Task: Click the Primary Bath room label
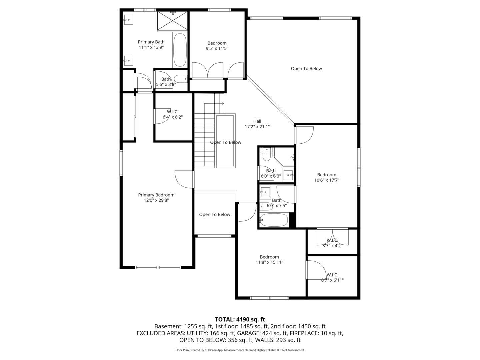pyautogui.click(x=151, y=42)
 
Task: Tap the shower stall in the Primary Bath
pyautogui.click(x=173, y=21)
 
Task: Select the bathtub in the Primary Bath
pyautogui.click(x=180, y=50)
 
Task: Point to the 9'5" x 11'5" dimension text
pyautogui.click(x=217, y=49)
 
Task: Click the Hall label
pyautogui.click(x=257, y=121)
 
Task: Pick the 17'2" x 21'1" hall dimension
pyautogui.click(x=257, y=127)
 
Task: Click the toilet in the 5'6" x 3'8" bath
pyautogui.click(x=181, y=79)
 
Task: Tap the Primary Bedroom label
pyautogui.click(x=156, y=195)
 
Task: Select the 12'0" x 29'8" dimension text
pyautogui.click(x=156, y=200)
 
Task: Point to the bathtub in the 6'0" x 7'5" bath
pyautogui.click(x=274, y=220)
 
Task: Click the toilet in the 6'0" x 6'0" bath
pyautogui.click(x=267, y=155)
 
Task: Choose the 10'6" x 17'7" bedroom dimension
pyautogui.click(x=327, y=180)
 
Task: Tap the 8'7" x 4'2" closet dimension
pyautogui.click(x=332, y=246)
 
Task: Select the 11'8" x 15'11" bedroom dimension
pyautogui.click(x=269, y=262)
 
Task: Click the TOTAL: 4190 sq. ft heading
pyautogui.click(x=240, y=320)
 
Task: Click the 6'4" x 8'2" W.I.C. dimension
pyautogui.click(x=173, y=117)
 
